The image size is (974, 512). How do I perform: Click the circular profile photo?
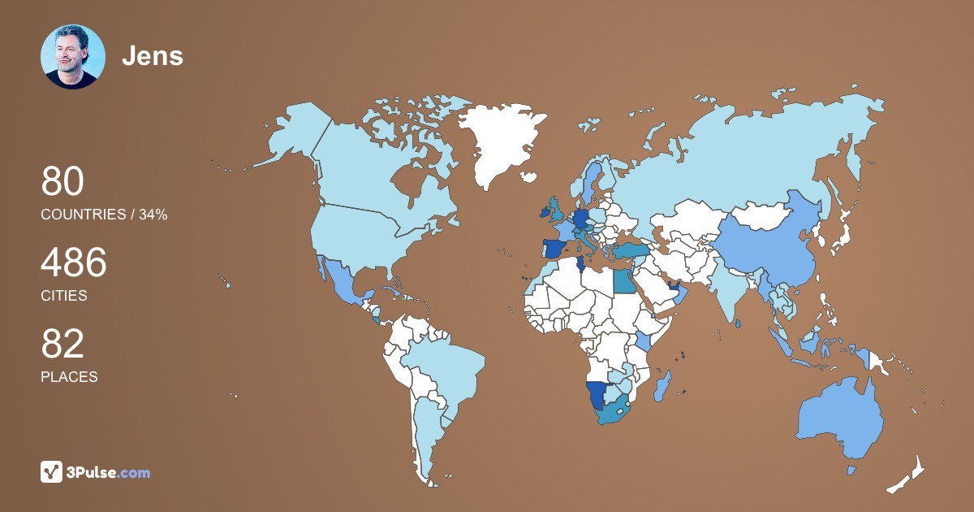point(73,57)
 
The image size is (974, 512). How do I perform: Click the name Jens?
point(153,56)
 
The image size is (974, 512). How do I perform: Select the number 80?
point(62,182)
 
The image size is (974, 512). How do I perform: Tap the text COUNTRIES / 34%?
point(104,215)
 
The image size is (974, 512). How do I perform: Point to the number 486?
point(74,263)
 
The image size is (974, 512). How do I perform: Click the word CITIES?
point(64,296)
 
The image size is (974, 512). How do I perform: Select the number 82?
point(62,345)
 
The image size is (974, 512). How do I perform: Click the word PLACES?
point(69,377)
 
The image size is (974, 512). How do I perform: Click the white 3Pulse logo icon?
point(51,471)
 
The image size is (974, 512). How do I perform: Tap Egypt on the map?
point(623,281)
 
